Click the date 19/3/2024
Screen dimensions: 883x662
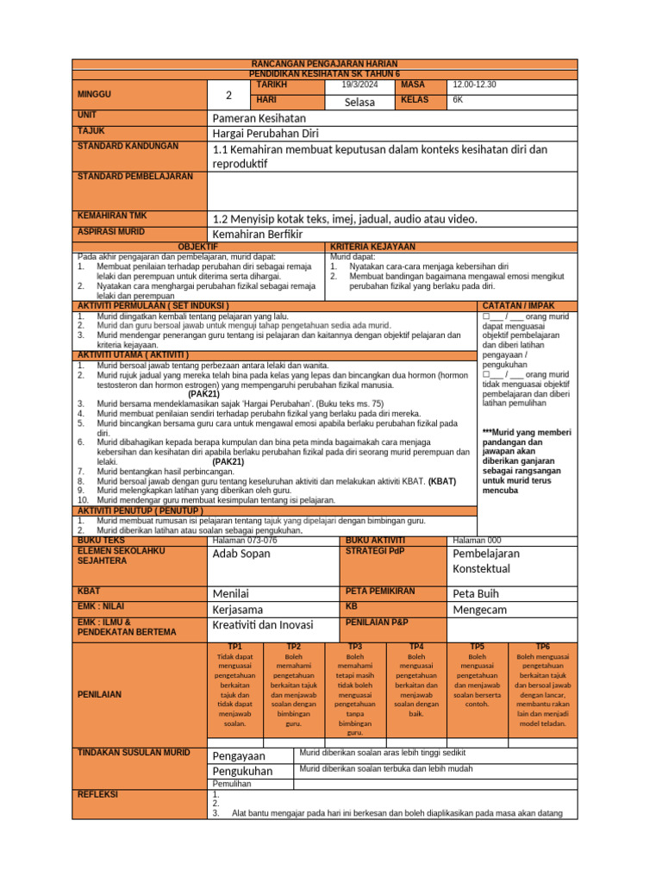[x=359, y=85]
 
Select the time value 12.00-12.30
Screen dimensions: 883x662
[x=474, y=85]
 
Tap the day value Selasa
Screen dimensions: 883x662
[x=359, y=102]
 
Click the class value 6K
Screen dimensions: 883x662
[x=458, y=100]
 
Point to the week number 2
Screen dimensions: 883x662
[x=228, y=95]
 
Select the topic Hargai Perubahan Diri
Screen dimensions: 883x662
[x=265, y=133]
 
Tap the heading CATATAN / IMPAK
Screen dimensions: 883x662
[x=519, y=306]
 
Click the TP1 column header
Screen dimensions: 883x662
[x=235, y=646]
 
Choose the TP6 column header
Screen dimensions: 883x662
[x=543, y=646]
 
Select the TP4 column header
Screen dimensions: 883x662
[x=415, y=646]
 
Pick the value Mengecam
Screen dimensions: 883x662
[x=481, y=610]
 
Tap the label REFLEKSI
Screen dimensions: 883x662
[x=98, y=793]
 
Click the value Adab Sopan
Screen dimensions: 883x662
[x=240, y=554]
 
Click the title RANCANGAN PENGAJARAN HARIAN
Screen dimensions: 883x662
[x=325, y=65]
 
